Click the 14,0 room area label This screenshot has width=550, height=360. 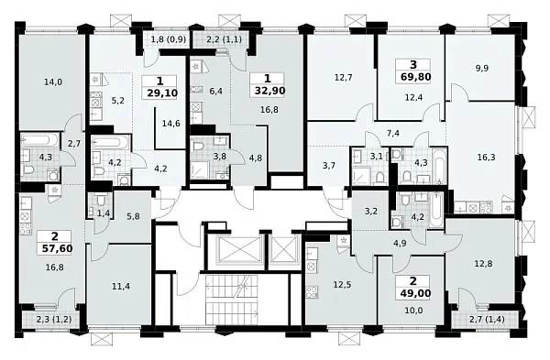click(x=51, y=82)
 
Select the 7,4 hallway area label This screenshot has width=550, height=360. click(x=392, y=134)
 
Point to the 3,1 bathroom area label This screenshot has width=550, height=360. click(x=375, y=156)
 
